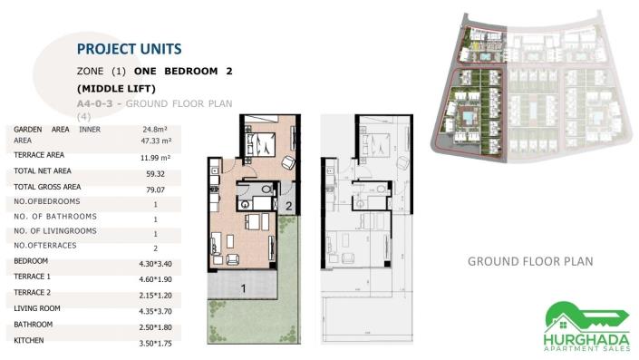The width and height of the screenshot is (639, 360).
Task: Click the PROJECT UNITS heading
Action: point(129,48)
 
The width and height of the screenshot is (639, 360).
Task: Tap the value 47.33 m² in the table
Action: point(156,141)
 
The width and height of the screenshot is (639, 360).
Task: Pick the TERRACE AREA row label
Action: point(39,155)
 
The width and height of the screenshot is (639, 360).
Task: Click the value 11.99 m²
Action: point(156,158)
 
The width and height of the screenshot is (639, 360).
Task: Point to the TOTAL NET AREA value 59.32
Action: point(156,173)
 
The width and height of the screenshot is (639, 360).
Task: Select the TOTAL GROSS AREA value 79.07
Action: point(156,189)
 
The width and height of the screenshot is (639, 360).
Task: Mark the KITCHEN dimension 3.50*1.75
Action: point(156,343)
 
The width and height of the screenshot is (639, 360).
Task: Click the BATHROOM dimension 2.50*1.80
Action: point(156,326)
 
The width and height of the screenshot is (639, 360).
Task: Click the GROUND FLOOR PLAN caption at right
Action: point(530,261)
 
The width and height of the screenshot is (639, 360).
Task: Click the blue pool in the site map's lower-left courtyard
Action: point(468,117)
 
